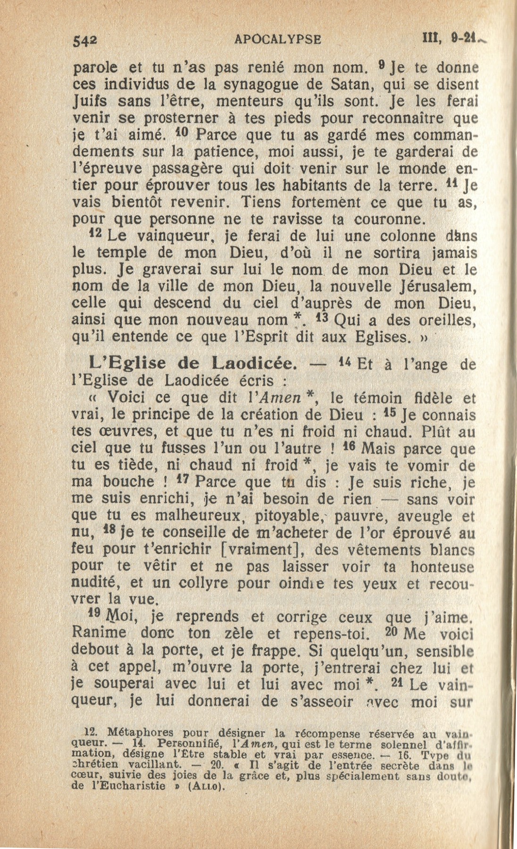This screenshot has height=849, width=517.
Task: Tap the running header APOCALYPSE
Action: [277, 38]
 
